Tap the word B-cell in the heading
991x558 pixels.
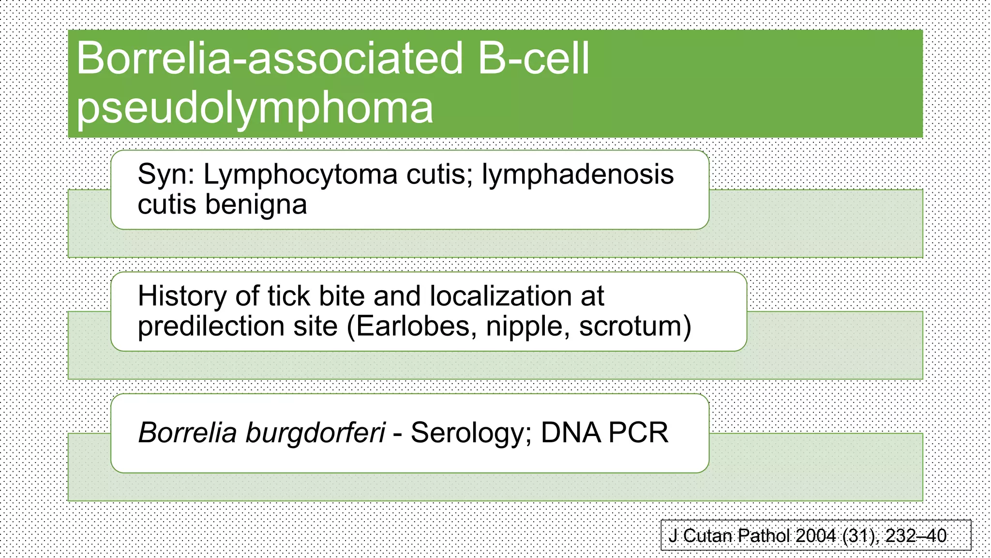click(534, 59)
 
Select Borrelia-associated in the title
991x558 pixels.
click(270, 59)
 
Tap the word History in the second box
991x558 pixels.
click(181, 296)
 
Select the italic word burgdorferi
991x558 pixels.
click(315, 433)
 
